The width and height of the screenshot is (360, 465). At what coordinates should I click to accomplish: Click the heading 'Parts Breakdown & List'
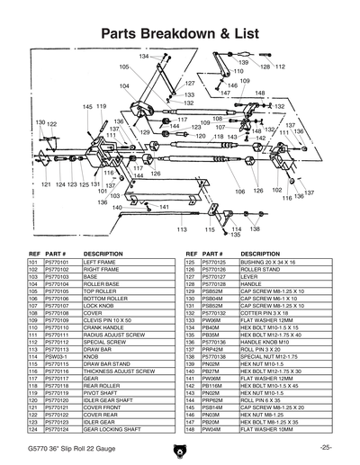point(179,33)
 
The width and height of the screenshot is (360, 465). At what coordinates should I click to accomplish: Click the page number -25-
point(324,445)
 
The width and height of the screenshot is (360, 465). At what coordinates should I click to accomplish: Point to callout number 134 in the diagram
point(143,56)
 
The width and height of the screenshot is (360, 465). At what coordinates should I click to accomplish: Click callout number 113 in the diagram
point(182,229)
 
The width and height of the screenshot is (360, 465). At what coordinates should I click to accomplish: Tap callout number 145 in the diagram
point(87,106)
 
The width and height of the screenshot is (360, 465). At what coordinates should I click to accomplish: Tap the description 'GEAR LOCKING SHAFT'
point(114,430)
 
